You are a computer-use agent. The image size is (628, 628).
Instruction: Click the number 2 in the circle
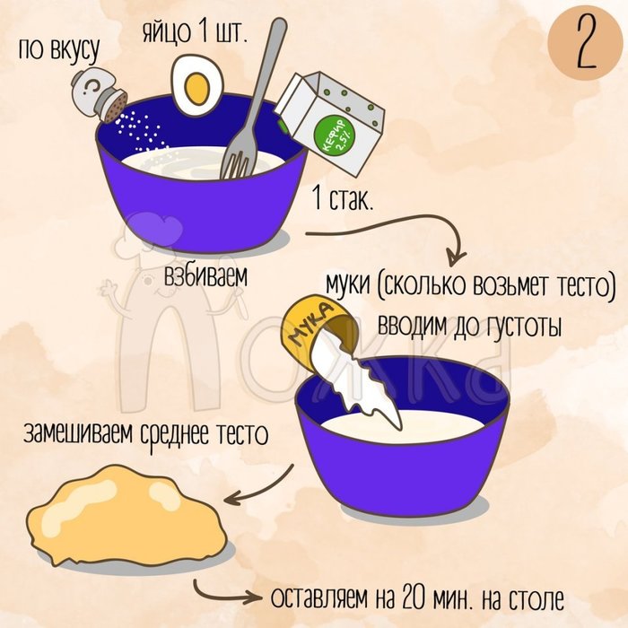click(587, 43)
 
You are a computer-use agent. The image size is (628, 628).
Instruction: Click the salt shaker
click(99, 94)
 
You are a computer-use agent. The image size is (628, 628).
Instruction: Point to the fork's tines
click(238, 155)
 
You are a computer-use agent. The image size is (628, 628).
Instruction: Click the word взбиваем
click(205, 275)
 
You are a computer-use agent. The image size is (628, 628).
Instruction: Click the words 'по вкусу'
click(58, 51)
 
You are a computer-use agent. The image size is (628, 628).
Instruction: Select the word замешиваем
click(78, 432)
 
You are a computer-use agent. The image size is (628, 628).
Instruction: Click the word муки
click(347, 284)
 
